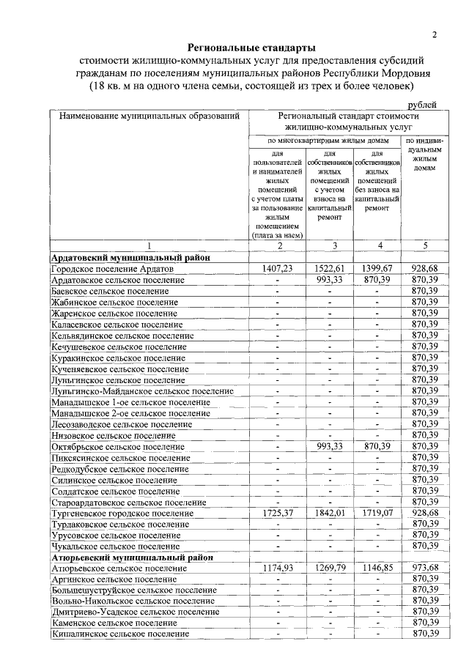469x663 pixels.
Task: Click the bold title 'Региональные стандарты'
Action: coord(251,48)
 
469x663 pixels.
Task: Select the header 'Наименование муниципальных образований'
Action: coord(149,116)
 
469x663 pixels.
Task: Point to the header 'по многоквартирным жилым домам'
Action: coord(325,139)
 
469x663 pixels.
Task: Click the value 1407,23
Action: coord(277,269)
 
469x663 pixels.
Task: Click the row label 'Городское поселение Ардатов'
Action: coord(112,269)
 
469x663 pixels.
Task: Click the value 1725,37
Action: coord(277,514)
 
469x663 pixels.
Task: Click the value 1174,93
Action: coord(277,568)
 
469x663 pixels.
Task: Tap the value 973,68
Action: coord(425,568)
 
